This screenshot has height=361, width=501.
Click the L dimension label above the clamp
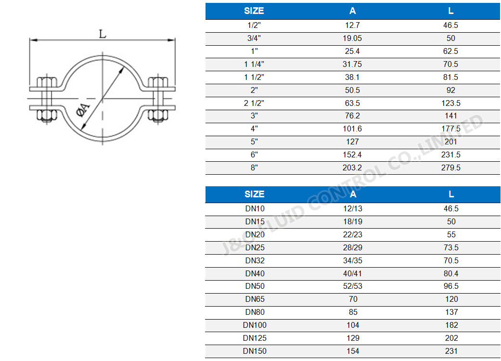coord(103,34)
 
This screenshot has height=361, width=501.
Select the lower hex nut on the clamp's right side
coord(157,115)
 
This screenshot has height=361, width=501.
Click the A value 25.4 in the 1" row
coord(353,52)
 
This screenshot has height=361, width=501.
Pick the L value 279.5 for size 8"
coord(450,168)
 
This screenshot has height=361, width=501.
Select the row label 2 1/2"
coord(254,103)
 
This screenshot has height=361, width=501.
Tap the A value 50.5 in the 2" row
coord(353,90)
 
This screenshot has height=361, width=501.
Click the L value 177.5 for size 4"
coord(450,129)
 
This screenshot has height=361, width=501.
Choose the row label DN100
coord(255,325)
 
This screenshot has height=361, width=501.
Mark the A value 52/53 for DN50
coord(353,286)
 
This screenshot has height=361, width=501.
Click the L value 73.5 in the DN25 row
coord(450,247)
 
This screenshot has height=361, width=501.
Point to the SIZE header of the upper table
coord(254,11)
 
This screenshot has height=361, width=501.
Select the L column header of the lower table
coord(451,194)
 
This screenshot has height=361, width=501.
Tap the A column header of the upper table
coord(353,11)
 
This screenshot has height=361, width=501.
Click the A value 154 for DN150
coord(353,351)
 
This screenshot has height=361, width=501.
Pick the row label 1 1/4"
coord(254,64)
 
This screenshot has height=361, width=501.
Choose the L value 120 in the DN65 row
coord(451,299)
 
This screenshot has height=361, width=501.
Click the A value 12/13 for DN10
coord(353,209)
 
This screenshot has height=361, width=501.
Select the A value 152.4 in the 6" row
coord(353,155)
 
